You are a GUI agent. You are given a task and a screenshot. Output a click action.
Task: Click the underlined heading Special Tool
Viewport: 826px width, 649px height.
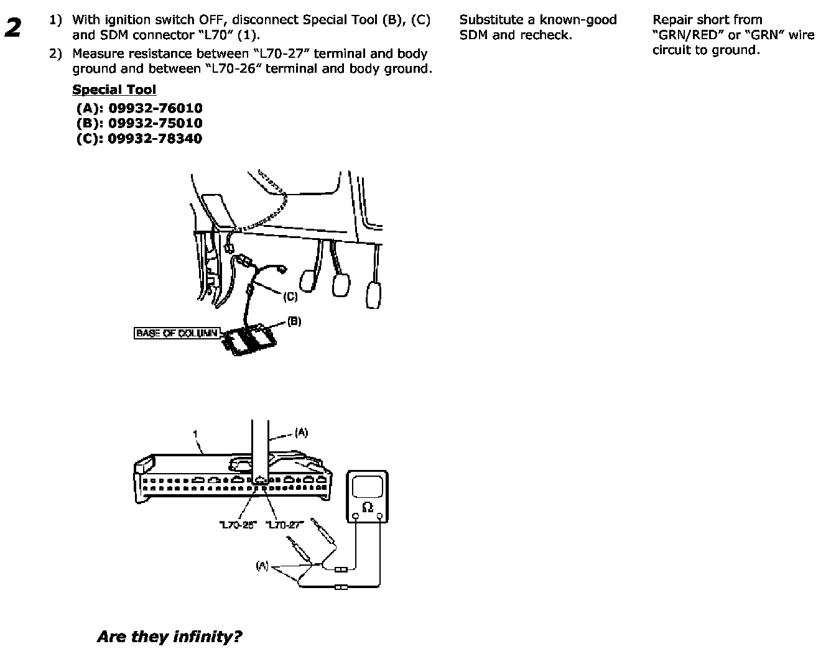114,90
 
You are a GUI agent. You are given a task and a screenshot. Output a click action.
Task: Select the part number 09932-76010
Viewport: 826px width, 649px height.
155,108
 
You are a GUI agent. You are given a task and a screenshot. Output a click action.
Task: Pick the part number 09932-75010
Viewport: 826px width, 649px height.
155,123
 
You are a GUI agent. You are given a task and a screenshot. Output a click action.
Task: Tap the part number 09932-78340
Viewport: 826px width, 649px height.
155,139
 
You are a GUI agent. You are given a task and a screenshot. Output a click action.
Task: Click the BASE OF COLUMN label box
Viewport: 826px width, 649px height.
177,333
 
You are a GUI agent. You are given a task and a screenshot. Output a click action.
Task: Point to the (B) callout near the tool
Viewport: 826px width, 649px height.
294,322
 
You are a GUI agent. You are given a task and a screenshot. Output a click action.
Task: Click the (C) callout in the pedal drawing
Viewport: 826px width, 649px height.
290,297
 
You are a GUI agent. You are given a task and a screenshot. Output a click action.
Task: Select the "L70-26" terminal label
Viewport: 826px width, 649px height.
238,525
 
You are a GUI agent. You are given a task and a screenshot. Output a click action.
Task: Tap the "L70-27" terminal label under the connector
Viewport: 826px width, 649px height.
284,525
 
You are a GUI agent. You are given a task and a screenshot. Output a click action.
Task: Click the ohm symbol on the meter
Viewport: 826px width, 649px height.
367,507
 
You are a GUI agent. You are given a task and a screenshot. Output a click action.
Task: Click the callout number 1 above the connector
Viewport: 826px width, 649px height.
195,433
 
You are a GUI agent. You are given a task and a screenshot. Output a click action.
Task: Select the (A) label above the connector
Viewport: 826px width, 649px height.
301,433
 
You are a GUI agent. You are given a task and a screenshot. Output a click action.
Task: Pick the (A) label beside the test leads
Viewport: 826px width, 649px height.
262,566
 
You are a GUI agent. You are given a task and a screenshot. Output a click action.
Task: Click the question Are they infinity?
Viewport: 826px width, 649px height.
169,637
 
